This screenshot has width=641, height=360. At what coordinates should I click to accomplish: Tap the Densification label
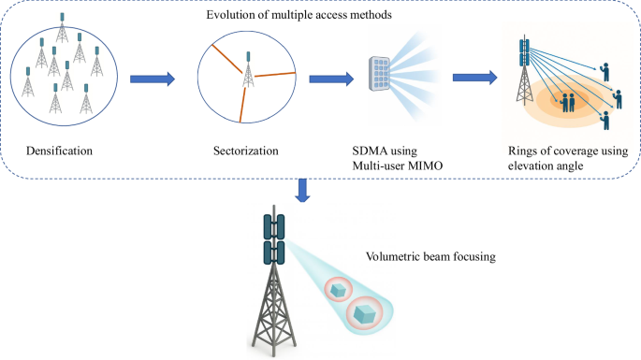(58, 149)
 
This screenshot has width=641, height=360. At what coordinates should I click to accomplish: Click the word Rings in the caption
(520, 149)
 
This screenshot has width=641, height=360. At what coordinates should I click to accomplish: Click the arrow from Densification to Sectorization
(152, 79)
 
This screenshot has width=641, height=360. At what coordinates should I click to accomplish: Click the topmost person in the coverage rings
(605, 69)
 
